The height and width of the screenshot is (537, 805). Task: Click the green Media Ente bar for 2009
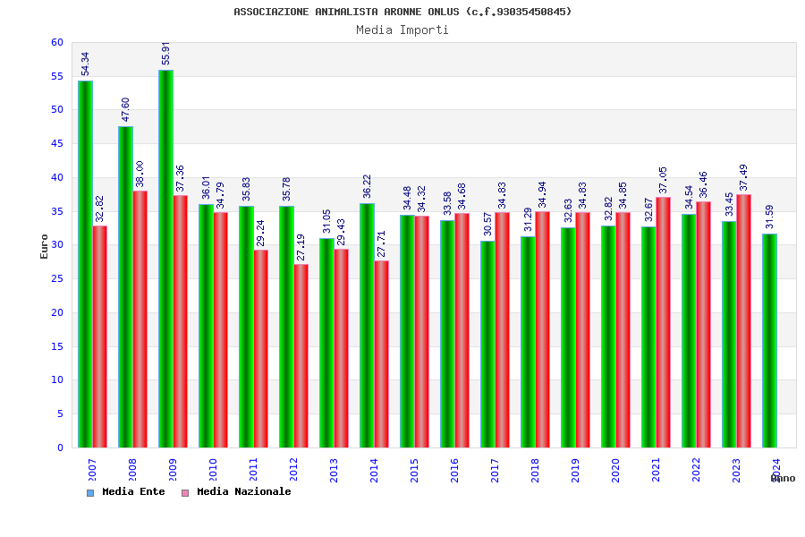165,260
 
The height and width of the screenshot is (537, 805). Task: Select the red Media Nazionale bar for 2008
140,320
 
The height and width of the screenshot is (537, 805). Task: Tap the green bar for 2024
769,341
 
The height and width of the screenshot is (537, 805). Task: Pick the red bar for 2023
744,321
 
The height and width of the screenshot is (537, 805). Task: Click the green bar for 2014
367,326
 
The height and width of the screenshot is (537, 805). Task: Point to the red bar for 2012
301,356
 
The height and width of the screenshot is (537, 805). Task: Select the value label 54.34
85,64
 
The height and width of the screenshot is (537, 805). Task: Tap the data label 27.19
301,248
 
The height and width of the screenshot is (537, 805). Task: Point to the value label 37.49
744,178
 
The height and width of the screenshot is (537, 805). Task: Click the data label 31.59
769,217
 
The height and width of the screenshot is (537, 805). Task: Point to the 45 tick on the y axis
57,144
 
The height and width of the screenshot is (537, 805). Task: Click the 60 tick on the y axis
57,43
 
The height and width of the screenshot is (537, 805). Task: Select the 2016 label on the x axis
454,470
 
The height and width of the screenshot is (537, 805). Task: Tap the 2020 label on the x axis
615,470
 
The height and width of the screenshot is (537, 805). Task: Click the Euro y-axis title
45,246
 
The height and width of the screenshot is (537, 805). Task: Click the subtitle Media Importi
402,30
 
